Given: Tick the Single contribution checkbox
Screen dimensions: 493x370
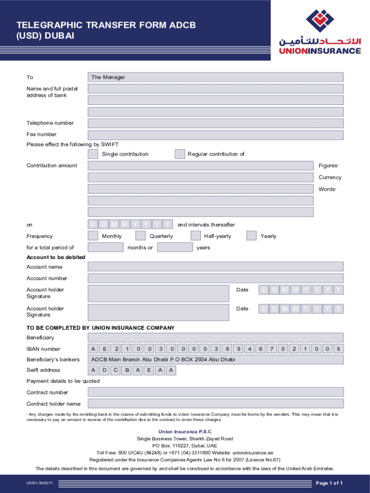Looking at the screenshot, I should pos(93,154).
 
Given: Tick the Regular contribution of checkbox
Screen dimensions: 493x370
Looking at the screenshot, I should pos(180,154).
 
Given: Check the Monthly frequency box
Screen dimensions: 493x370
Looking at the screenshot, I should pos(93,236).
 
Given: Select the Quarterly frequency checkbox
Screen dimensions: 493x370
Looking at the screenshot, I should pos(140,236).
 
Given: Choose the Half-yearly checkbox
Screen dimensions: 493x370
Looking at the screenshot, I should pos(196,236).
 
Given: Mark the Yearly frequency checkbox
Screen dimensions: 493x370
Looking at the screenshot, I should pos(251,236).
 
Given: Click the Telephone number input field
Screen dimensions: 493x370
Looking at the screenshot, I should pos(215,123).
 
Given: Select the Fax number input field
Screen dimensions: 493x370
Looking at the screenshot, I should pos(215,134).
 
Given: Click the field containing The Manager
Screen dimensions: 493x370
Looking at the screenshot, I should pos(215,77).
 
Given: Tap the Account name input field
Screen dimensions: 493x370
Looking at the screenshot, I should pos(215,267).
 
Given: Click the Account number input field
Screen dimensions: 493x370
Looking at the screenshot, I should pos(215,278).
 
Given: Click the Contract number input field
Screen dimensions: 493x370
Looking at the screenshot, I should pos(215,392).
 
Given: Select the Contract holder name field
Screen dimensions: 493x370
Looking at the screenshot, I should pos(215,403).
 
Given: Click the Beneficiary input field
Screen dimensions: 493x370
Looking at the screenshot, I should pos(215,337).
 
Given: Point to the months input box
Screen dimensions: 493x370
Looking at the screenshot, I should pos(106,247).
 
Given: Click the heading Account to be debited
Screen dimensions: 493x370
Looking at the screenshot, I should pos(56,257).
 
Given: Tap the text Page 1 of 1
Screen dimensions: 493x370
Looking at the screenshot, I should pos(329,483).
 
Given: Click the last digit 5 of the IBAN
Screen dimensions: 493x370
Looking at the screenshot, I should pos(338,349).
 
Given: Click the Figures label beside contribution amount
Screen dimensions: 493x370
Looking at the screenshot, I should pos(328,166).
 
